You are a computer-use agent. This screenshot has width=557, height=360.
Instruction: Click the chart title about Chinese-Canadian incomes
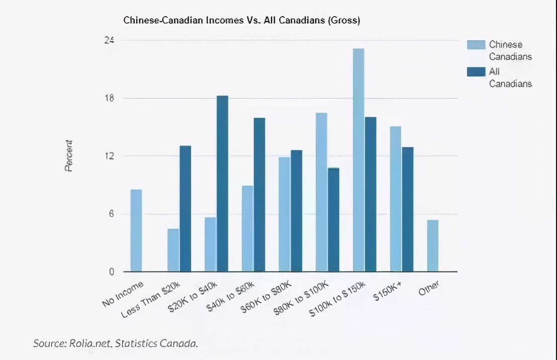coord(241,21)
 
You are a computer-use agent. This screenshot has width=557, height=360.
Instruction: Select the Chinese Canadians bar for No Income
coord(136,231)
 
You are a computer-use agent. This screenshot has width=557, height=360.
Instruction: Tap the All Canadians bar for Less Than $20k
coord(185,209)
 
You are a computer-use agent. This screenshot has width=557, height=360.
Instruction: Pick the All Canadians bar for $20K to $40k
coord(222,184)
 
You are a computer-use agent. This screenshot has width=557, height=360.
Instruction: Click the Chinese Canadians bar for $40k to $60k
coord(247,229)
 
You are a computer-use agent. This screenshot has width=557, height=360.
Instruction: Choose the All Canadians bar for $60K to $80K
coord(297,211)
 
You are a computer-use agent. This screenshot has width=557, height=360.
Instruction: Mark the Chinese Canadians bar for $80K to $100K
coord(322,192)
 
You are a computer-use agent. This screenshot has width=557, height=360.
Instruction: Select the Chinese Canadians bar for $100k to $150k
coord(358,160)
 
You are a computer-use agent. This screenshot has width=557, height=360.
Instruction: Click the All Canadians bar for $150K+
coord(408,209)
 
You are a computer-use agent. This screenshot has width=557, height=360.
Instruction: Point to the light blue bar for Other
coord(433,246)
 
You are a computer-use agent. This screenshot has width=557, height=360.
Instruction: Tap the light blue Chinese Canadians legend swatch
coord(476,45)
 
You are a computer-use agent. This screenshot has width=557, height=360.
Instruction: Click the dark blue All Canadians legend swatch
coord(476,71)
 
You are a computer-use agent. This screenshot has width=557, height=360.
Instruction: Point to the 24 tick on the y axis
coord(109,40)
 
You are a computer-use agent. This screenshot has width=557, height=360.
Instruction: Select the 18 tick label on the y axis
coord(109,98)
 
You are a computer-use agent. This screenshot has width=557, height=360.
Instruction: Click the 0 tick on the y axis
coord(112,272)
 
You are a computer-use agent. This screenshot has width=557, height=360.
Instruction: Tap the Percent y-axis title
coord(69,156)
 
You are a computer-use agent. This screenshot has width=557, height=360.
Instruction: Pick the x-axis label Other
coord(429,288)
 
